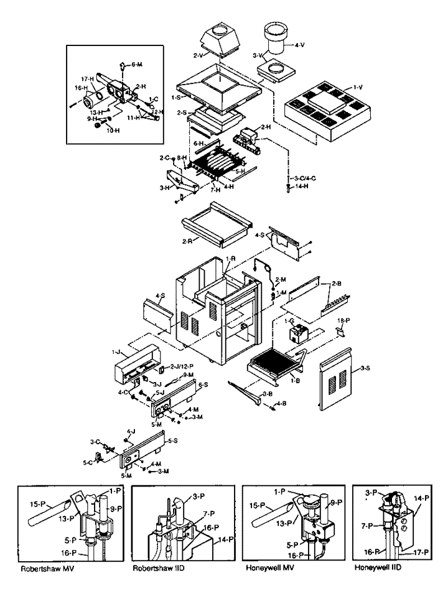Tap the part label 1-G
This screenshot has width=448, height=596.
pyautogui.click(x=289, y=322)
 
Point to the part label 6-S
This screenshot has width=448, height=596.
pyautogui.click(x=203, y=385)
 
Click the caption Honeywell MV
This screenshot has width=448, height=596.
pyautogui.click(x=267, y=568)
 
